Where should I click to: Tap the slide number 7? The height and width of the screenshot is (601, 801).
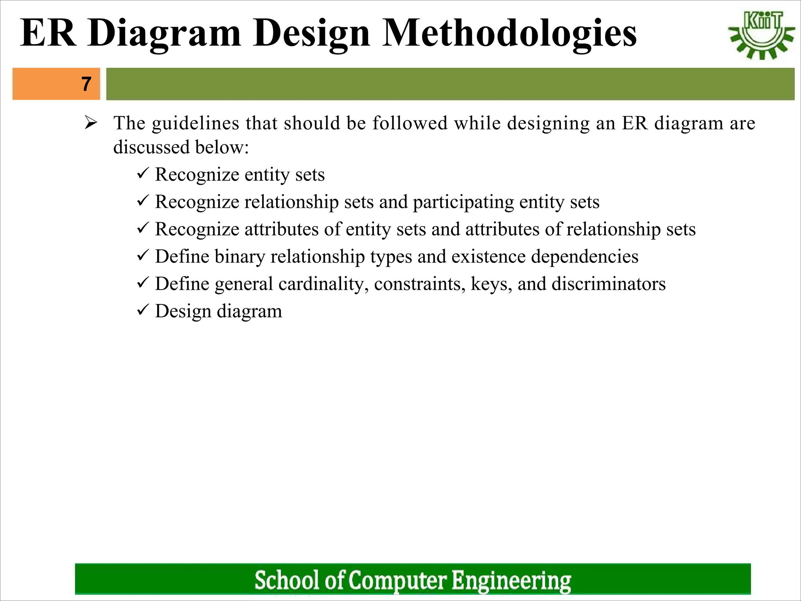(x=86, y=84)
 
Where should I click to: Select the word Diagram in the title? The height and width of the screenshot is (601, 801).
(x=164, y=33)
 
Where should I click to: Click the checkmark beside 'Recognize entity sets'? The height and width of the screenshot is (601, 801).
(x=142, y=173)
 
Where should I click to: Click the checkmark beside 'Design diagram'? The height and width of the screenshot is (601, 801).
(x=142, y=310)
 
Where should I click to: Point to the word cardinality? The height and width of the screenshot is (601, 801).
(x=323, y=284)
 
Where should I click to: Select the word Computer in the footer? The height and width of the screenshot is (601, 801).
(x=397, y=580)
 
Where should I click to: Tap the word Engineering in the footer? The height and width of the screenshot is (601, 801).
(x=511, y=580)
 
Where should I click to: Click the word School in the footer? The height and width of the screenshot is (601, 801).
(x=287, y=580)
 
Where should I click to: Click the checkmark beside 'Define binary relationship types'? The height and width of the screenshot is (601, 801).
(x=142, y=256)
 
